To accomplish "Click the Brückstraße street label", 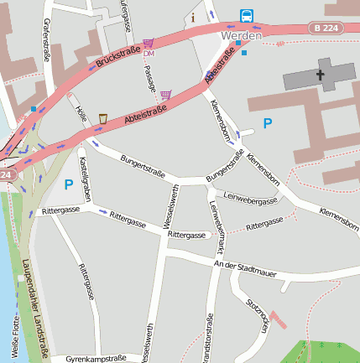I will point(118,59).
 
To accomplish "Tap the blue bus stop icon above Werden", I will point(247,16).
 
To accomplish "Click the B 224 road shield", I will point(328,29).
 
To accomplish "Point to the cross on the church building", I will point(320,75).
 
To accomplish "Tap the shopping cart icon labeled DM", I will point(149,43).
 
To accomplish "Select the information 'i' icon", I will point(194,17).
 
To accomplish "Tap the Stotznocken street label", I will point(256,314).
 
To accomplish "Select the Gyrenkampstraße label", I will point(96,358).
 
